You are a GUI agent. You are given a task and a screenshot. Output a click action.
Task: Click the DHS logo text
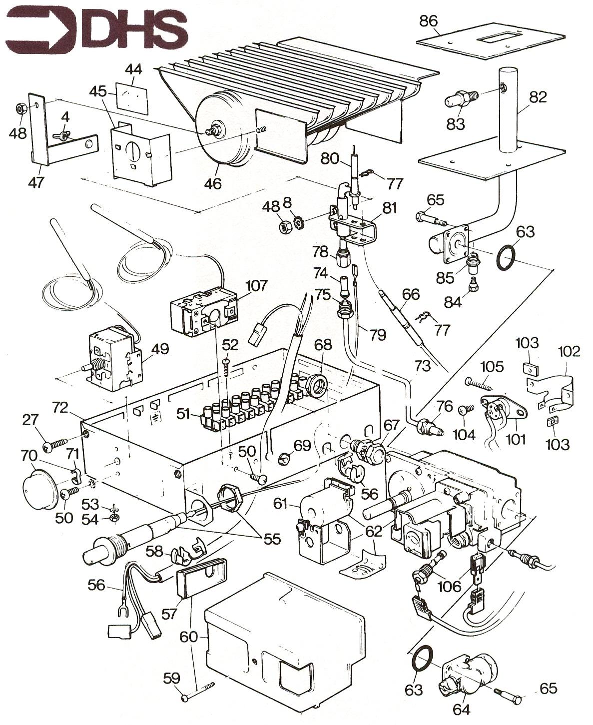point(132,27)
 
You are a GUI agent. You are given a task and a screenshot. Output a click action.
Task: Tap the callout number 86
point(429,21)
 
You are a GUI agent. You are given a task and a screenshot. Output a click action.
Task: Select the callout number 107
point(256,286)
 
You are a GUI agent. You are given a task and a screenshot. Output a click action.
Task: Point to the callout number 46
point(213,183)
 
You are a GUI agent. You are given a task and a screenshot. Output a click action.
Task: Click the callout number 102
point(570,351)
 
